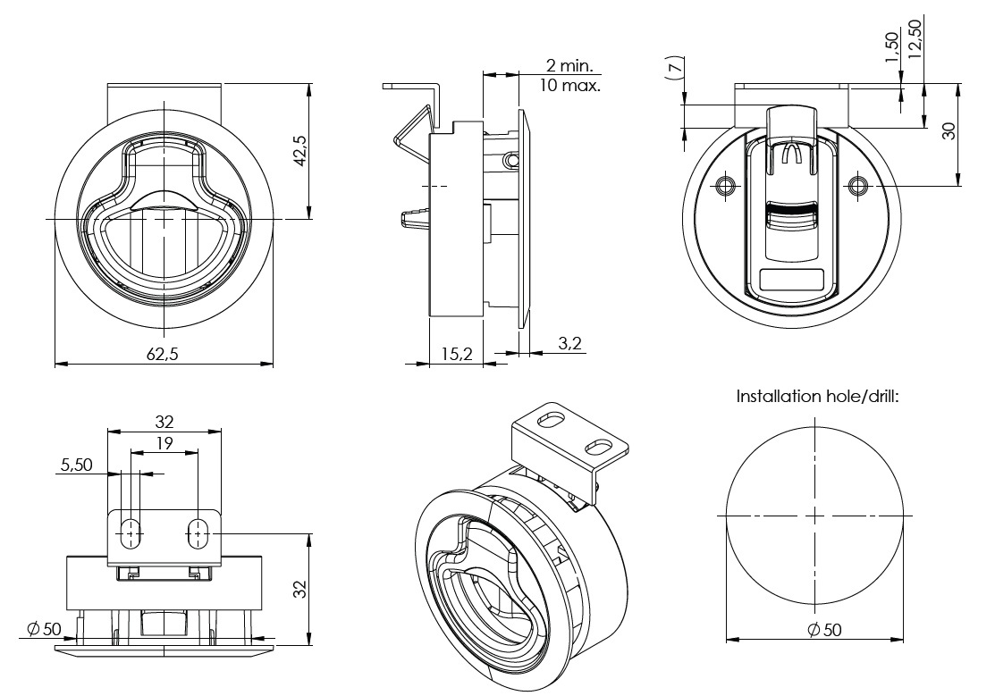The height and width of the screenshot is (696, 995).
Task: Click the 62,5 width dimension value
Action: [x=163, y=354]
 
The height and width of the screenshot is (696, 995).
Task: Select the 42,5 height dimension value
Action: [x=299, y=150]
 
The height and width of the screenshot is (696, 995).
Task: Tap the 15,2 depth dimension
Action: [x=456, y=354]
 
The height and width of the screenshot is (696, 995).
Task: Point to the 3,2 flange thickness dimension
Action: [x=569, y=342]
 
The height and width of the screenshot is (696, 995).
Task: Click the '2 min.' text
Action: [x=572, y=66]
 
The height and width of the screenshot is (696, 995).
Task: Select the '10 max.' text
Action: [x=570, y=86]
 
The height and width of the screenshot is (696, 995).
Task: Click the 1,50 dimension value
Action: [x=890, y=46]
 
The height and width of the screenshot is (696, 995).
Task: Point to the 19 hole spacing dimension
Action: [x=164, y=442]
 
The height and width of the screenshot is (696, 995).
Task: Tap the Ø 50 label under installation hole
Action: [x=823, y=630]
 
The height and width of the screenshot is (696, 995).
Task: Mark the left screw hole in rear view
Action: [x=726, y=186]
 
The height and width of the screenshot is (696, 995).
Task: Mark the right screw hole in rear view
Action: [x=858, y=186]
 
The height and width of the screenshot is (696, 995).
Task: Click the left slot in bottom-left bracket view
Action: [x=131, y=533]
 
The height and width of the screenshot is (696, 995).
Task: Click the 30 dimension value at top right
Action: [x=949, y=130]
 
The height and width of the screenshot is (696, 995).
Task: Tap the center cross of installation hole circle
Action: [x=815, y=516]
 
